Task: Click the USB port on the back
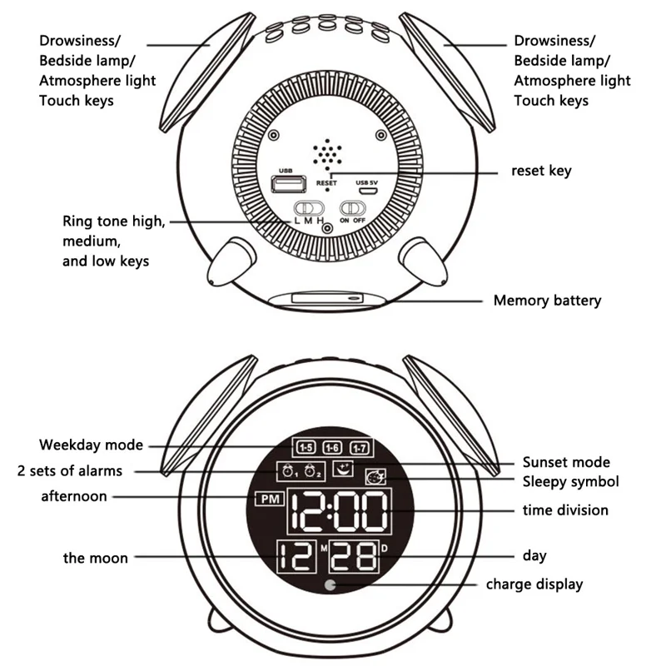[288, 182]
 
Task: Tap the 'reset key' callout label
[541, 171]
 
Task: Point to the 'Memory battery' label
[547, 301]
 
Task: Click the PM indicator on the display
[269, 500]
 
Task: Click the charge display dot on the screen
[334, 584]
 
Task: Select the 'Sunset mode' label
[566, 462]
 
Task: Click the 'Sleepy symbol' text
[570, 481]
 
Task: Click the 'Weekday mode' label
[91, 445]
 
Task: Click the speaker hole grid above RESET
[327, 152]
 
